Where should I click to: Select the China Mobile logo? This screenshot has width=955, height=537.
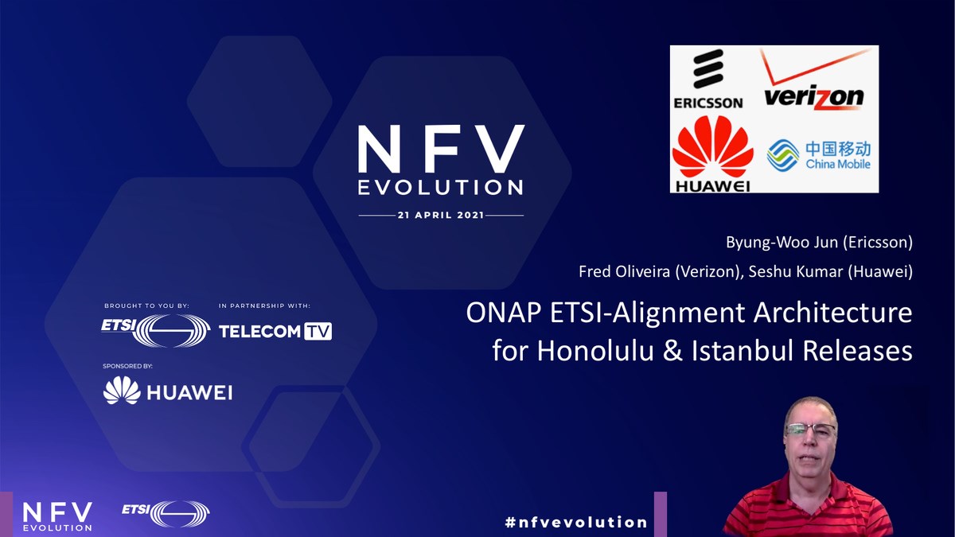819,155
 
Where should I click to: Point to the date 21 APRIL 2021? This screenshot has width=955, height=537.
441,216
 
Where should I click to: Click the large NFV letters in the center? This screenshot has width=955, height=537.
441,150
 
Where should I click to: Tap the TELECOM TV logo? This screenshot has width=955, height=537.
275,331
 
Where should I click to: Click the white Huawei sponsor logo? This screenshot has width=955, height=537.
168,391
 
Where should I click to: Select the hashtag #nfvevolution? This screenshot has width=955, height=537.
576,522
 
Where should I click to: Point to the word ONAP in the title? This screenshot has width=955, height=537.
502,313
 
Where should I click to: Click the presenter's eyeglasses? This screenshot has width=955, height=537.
810,430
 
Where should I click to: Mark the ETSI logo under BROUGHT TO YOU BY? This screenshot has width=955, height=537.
155,330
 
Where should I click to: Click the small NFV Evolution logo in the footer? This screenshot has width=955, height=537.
57,516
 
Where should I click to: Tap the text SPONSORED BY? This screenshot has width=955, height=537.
127,366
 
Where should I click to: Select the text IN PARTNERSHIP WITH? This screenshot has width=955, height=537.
264,305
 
